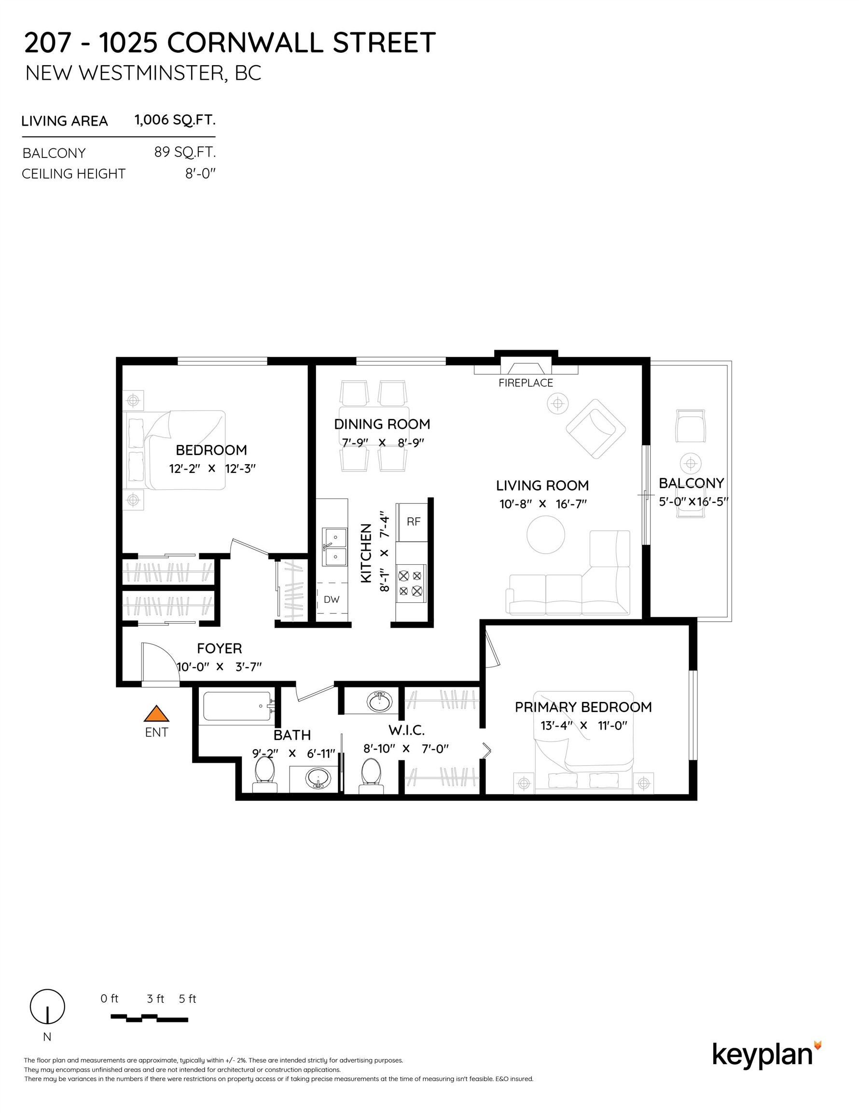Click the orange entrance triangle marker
(156, 714)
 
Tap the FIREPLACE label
(526, 383)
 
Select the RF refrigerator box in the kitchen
(413, 521)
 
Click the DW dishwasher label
(332, 599)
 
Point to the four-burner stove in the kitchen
(410, 584)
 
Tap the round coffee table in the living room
(545, 535)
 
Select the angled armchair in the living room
(596, 428)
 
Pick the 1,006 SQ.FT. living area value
(175, 120)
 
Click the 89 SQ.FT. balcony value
(185, 152)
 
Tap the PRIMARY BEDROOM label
(583, 707)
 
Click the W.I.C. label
(406, 730)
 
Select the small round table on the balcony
(691, 463)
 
